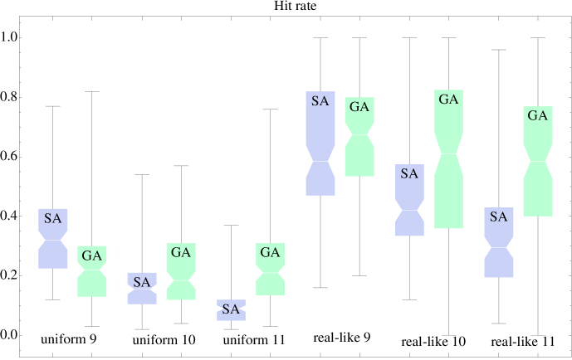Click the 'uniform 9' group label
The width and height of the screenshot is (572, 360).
tap(70, 339)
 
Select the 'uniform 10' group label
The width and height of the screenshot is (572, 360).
tap(164, 340)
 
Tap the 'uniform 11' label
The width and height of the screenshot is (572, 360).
tap(254, 340)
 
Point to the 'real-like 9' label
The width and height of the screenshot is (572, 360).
tap(342, 338)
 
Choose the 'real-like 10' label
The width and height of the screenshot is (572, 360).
tap(433, 342)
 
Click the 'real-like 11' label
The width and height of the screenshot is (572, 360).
tap(523, 342)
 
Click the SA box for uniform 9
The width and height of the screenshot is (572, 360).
tap(53, 249)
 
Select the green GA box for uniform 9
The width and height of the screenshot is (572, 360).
tap(92, 278)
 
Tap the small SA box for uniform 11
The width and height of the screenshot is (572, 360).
tap(231, 309)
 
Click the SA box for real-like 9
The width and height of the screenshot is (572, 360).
tap(320, 133)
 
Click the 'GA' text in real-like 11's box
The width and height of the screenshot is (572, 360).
tap(538, 116)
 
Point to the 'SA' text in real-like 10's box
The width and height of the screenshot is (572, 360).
tap(409, 174)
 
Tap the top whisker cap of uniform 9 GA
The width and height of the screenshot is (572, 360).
tap(92, 91)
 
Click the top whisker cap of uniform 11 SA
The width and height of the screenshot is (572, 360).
tap(231, 226)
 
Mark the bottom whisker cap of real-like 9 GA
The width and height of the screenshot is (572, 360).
tap(359, 275)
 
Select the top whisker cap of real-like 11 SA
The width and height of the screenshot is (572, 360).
tap(498, 50)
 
